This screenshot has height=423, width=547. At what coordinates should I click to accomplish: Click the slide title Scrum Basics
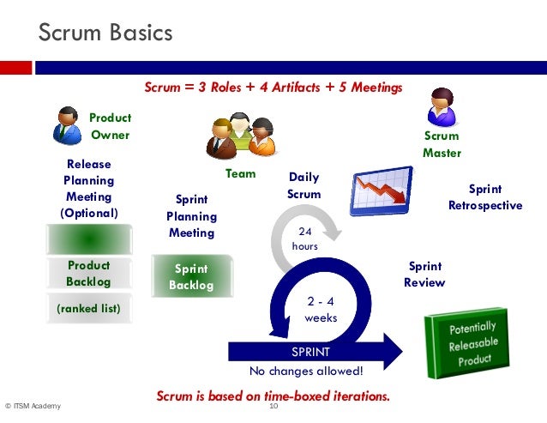click(x=105, y=33)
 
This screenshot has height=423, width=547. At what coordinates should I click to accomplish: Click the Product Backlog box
click(x=88, y=273)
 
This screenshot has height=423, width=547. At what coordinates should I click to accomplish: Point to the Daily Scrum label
click(x=304, y=186)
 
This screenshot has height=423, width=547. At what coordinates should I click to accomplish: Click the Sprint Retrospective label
click(x=484, y=197)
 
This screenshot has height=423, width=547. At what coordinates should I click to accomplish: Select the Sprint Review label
click(x=424, y=275)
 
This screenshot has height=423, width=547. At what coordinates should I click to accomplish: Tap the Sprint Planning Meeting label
click(x=191, y=216)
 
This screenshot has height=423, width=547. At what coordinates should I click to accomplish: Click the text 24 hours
click(x=304, y=239)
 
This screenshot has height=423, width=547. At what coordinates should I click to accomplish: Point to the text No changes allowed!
click(x=306, y=372)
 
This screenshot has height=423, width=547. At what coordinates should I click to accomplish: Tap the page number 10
click(x=274, y=406)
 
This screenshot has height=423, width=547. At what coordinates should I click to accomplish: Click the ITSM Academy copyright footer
click(x=33, y=407)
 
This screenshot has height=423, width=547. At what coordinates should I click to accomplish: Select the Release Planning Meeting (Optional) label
click(x=88, y=188)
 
